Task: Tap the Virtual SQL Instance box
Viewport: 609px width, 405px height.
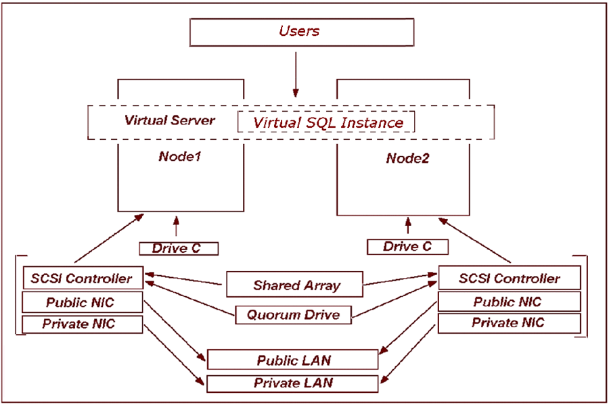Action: (328, 122)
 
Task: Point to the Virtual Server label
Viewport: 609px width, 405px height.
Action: (169, 120)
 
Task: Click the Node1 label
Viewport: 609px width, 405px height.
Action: (181, 156)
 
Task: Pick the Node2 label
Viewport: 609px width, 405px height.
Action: (408, 158)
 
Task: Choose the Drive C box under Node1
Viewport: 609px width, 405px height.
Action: (179, 248)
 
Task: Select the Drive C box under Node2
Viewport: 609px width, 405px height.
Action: (407, 246)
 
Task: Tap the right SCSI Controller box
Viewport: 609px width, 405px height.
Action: (509, 278)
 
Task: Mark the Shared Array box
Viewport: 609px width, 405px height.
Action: (296, 285)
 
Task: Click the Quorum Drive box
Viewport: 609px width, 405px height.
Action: (296, 314)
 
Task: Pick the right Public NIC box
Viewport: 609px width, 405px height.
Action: (509, 302)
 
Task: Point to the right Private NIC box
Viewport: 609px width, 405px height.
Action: (509, 323)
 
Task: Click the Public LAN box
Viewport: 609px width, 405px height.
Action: (292, 360)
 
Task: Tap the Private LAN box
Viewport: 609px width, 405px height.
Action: (292, 383)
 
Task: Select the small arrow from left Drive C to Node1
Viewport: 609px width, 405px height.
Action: (178, 229)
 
